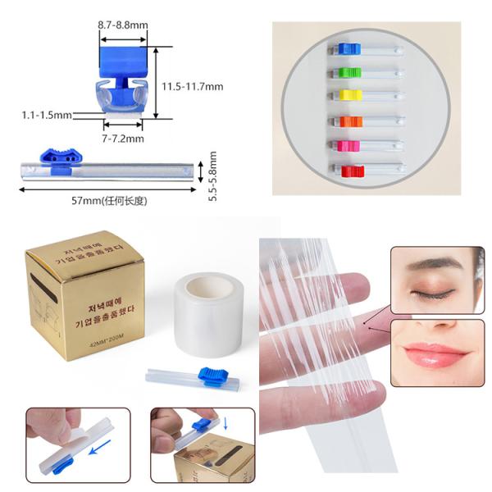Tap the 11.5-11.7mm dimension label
[192, 86]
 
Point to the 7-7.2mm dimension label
[123, 139]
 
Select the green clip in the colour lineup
[345, 72]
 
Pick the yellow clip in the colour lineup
[345, 95]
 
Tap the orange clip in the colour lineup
[345, 121]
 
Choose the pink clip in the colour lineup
[347, 146]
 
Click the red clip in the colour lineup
[351, 171]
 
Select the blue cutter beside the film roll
[212, 377]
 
